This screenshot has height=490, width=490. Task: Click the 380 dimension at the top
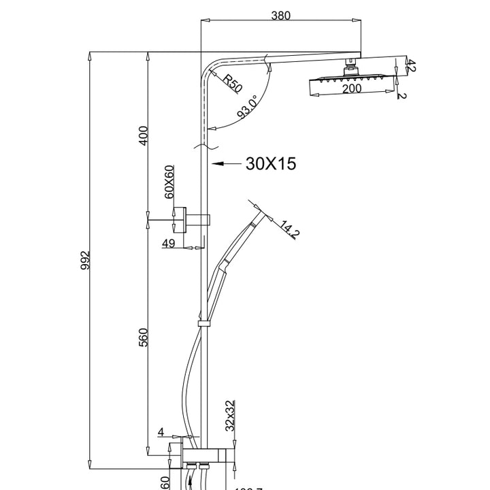click(280, 16)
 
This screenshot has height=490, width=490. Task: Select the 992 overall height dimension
click(84, 261)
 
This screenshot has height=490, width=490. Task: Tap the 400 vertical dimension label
click(142, 135)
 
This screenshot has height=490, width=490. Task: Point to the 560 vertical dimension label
click(142, 338)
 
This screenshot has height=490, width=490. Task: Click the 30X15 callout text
click(271, 163)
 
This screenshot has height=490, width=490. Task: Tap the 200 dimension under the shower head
click(352, 88)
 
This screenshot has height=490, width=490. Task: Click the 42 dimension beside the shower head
click(410, 65)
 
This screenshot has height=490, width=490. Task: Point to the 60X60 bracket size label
click(170, 182)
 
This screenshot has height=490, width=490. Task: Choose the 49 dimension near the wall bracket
click(169, 243)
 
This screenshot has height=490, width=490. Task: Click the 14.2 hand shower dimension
click(290, 230)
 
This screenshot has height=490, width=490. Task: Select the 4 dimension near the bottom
click(161, 431)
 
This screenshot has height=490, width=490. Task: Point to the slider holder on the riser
click(203, 322)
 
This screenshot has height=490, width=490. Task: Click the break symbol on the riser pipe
click(205, 146)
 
